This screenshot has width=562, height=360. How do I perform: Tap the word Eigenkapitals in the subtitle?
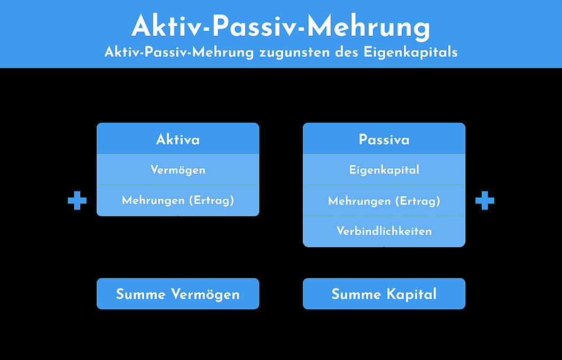point(410,53)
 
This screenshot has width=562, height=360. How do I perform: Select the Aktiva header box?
point(178,139)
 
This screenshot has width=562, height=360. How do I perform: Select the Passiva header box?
point(384,139)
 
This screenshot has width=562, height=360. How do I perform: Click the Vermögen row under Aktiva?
point(178,169)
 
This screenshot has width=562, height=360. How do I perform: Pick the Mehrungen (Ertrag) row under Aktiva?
point(178,201)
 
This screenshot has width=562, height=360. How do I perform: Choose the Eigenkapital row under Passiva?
point(384,169)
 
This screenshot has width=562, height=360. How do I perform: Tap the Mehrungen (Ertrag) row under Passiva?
point(384,201)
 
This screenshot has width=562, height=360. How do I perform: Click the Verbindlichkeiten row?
point(384,231)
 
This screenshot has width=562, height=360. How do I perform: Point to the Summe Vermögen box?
point(178,294)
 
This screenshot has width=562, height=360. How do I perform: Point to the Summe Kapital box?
point(384,294)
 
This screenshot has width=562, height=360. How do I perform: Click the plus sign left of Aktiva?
point(77,201)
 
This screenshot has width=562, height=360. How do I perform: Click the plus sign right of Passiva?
point(485,201)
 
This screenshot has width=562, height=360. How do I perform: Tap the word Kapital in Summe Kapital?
point(411,294)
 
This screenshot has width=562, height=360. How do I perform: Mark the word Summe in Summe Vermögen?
point(140,294)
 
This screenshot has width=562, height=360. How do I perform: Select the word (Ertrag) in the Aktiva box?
point(212,201)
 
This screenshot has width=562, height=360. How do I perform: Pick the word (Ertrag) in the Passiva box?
point(418,201)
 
